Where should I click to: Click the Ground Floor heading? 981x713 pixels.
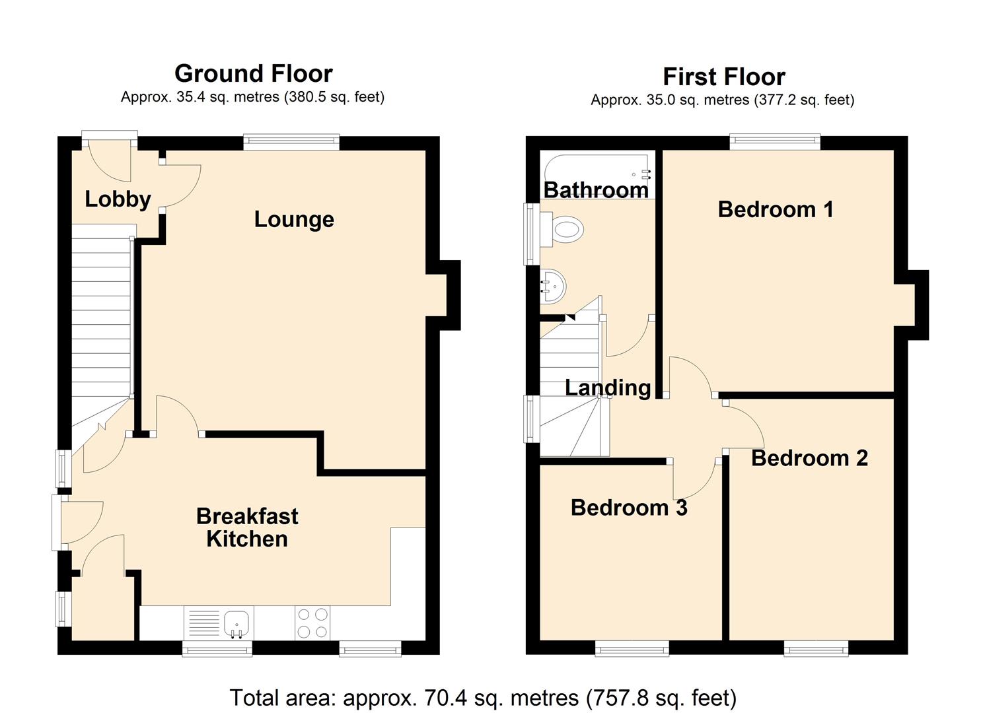(253, 73)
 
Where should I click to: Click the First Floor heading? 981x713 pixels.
(723, 77)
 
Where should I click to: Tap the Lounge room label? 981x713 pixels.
(294, 219)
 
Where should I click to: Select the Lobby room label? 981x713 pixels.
(118, 199)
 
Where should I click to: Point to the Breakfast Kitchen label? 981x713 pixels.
(247, 527)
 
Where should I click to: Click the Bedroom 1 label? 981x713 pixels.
(775, 209)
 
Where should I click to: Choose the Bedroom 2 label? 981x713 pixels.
(809, 458)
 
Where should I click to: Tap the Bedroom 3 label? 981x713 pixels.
(628, 507)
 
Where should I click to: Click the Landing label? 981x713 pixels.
(608, 388)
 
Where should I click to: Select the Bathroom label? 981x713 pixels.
(596, 190)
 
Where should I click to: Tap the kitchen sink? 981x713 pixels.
(236, 623)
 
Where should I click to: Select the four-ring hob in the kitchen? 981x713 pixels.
(312, 623)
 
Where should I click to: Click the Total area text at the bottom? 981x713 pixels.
(483, 697)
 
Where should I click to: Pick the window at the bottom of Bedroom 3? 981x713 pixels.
(632, 650)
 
